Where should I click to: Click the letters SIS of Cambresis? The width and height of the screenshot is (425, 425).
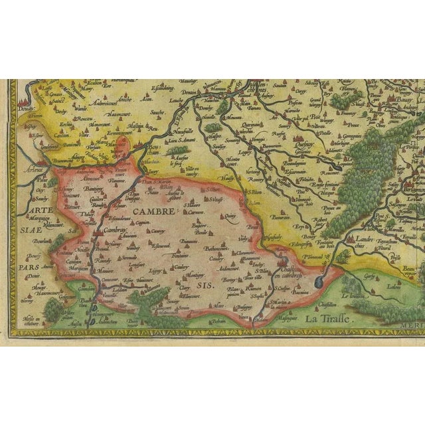[204, 285]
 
